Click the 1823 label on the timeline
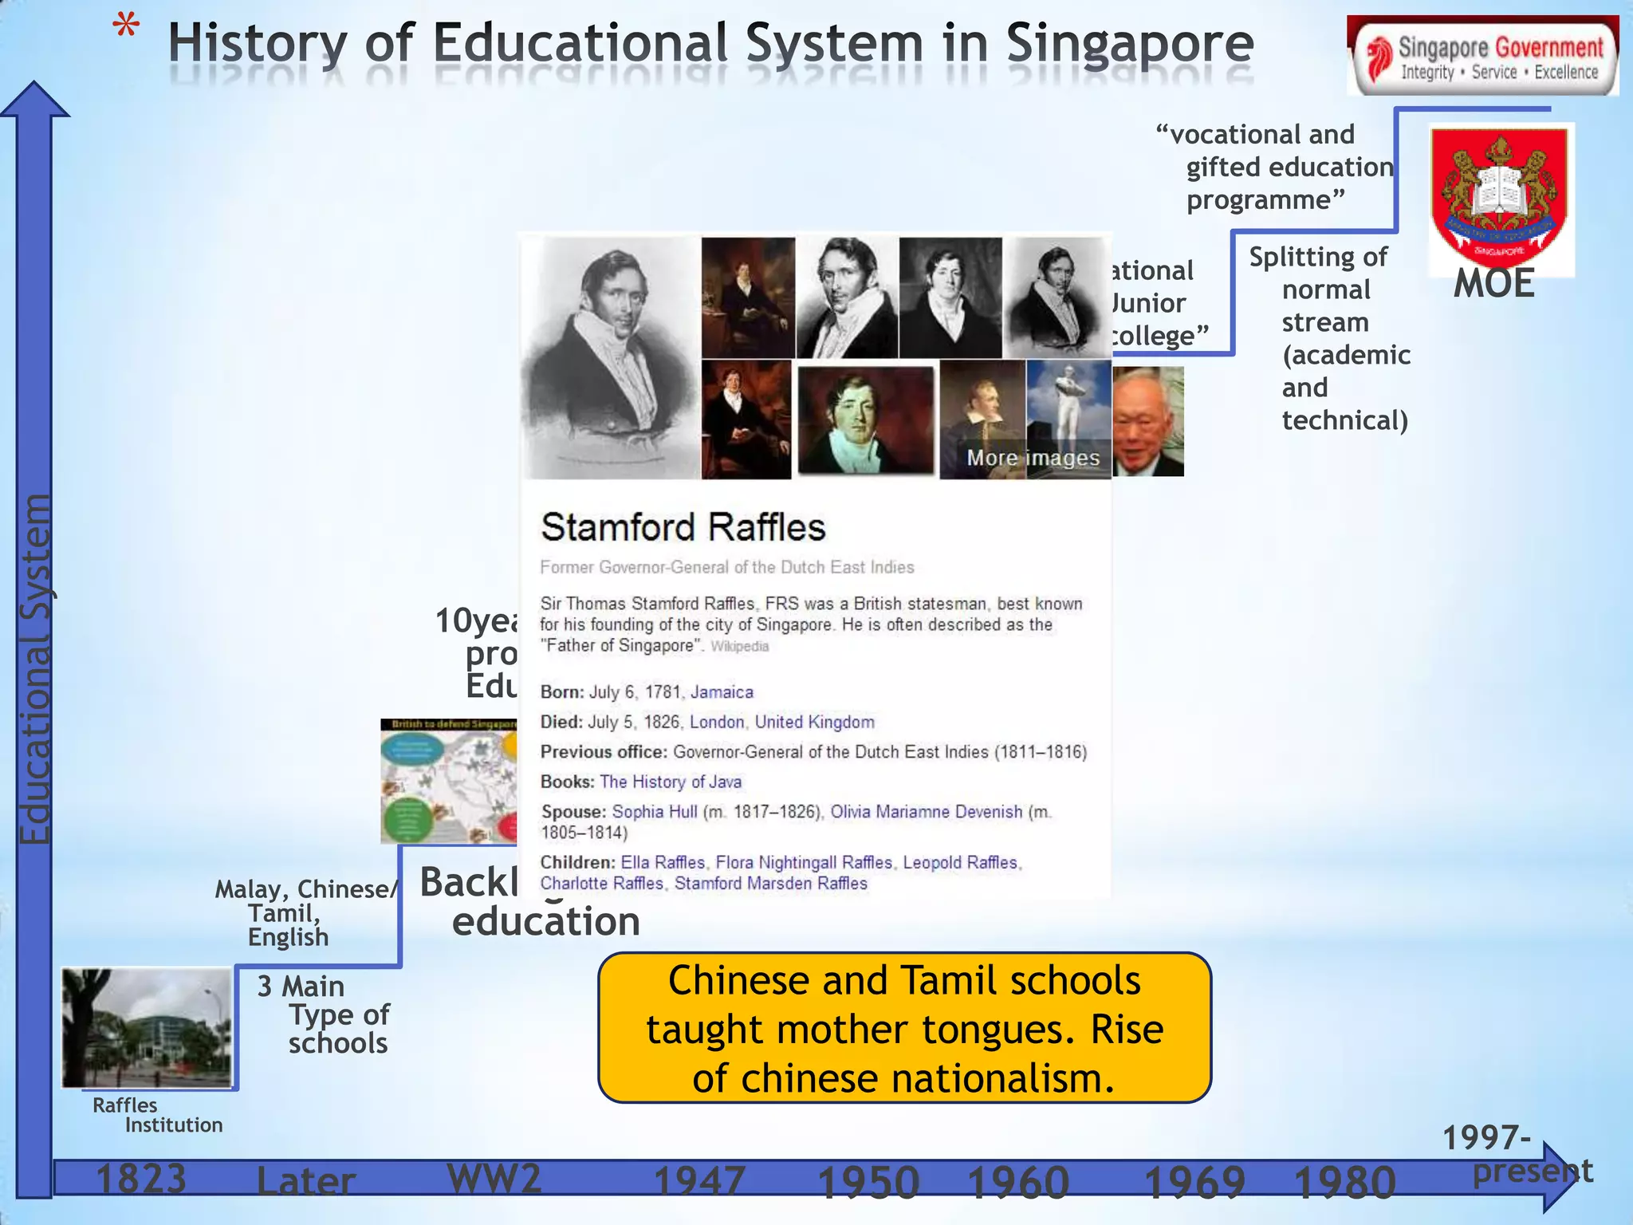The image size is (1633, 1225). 141,1179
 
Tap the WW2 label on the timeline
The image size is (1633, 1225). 494,1178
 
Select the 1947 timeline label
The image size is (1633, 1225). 699,1181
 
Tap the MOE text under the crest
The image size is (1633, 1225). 1493,284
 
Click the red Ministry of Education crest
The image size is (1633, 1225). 1499,195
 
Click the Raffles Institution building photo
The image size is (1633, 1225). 148,1027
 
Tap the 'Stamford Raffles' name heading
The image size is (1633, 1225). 683,527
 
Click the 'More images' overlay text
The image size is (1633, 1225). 1033,458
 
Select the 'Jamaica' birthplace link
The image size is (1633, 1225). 722,692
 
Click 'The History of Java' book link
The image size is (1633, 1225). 671,782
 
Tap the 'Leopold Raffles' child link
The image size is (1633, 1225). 960,862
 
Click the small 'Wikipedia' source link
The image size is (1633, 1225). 739,646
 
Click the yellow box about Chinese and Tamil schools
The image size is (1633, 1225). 904,1028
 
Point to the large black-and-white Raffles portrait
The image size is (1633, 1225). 611,356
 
